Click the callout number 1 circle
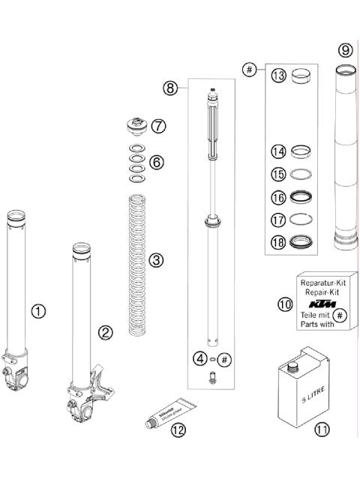coord(38,310)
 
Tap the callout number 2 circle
coord(106,332)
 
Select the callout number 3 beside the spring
coord(156,260)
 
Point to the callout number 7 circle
coord(158,126)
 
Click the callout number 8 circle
coord(171,88)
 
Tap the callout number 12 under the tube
coord(177,430)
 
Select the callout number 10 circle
coord(286,305)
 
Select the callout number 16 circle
coord(279,198)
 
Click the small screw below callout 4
coord(213,379)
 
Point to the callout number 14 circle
coord(279,151)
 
